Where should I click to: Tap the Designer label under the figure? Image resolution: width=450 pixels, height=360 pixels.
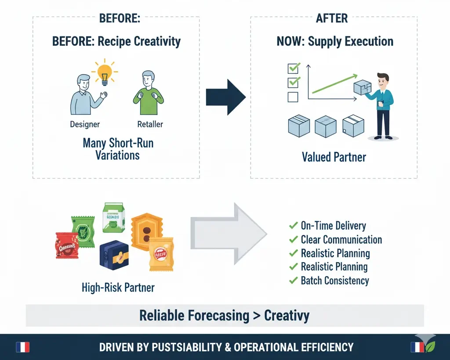pos(85,124)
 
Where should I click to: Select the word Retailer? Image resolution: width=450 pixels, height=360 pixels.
pos(150,124)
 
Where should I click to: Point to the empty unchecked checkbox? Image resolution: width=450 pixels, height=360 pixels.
pos(293,97)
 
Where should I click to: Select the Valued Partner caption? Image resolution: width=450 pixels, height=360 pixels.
pos(334,157)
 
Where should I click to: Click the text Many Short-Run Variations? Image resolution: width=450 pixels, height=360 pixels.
pos(118,149)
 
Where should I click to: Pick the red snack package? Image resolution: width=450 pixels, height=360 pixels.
pos(66,246)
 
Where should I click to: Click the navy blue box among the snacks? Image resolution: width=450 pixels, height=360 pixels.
pos(114,255)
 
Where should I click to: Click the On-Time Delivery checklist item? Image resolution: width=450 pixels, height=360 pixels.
pos(333,226)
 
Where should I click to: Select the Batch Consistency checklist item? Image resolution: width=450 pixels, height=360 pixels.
pos(334,281)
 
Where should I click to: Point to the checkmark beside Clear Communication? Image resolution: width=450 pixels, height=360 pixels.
pos(293,240)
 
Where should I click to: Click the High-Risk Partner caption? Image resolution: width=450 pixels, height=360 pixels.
pos(118,288)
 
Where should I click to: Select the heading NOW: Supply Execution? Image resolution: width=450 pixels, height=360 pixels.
pos(334,42)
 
